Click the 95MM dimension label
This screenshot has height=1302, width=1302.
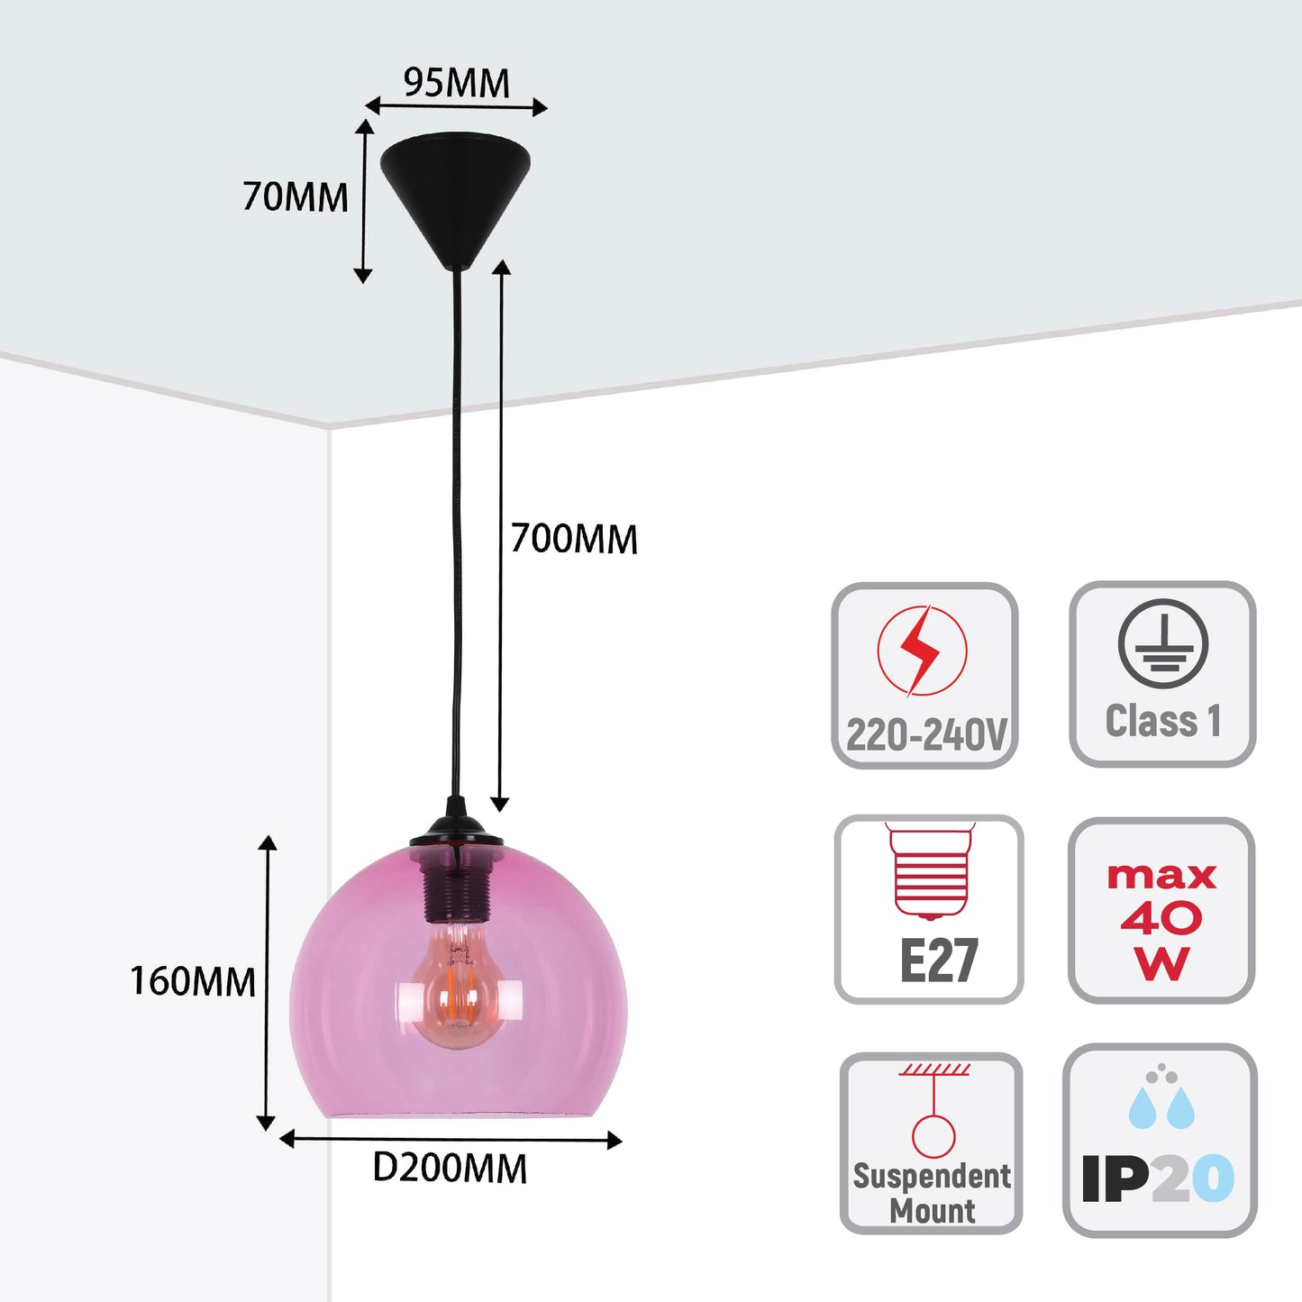coord(456,83)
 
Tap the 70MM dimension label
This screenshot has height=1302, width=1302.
coord(295,197)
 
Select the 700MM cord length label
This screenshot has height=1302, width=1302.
coord(574,539)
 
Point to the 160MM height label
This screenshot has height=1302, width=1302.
coord(193,981)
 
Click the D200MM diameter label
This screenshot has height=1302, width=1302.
coord(450,1169)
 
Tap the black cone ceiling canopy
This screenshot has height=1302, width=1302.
coord(455,195)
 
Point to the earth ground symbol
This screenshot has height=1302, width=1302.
coord(1162,643)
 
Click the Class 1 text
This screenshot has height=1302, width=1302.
coord(1162,721)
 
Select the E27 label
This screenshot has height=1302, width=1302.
coord(938,961)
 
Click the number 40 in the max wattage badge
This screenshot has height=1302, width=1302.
coord(1161,918)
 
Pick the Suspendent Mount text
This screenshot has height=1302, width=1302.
coord(932,1192)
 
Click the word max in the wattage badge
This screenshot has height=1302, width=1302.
coord(1161,876)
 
